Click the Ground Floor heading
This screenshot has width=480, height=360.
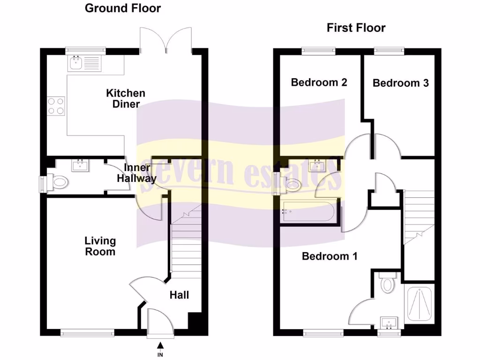click(123, 8)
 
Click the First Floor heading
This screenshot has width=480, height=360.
click(356, 28)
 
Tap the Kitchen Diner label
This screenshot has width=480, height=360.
click(126, 98)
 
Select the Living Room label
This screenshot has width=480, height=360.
click(100, 246)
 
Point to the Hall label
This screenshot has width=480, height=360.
click(179, 295)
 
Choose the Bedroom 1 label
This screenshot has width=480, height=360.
click(330, 256)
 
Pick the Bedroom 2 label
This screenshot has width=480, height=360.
click(319, 82)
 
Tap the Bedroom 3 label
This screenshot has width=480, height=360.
click(400, 83)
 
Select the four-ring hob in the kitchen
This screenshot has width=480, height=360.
click(56, 105)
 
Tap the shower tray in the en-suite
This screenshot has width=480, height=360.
click(420, 304)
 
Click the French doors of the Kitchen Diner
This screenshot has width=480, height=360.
click(166, 40)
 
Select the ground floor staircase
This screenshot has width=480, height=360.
click(186, 244)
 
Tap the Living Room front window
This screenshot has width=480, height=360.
click(87, 333)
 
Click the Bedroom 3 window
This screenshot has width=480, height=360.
click(389, 49)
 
